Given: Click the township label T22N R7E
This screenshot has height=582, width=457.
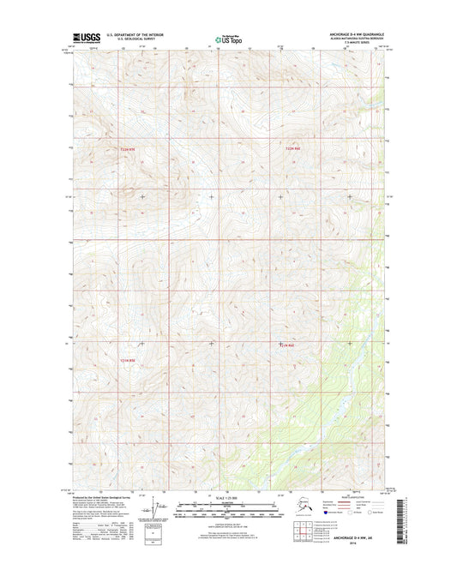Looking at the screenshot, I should coord(129,151).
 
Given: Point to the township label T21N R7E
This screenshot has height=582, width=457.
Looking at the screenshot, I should coord(129,360).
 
